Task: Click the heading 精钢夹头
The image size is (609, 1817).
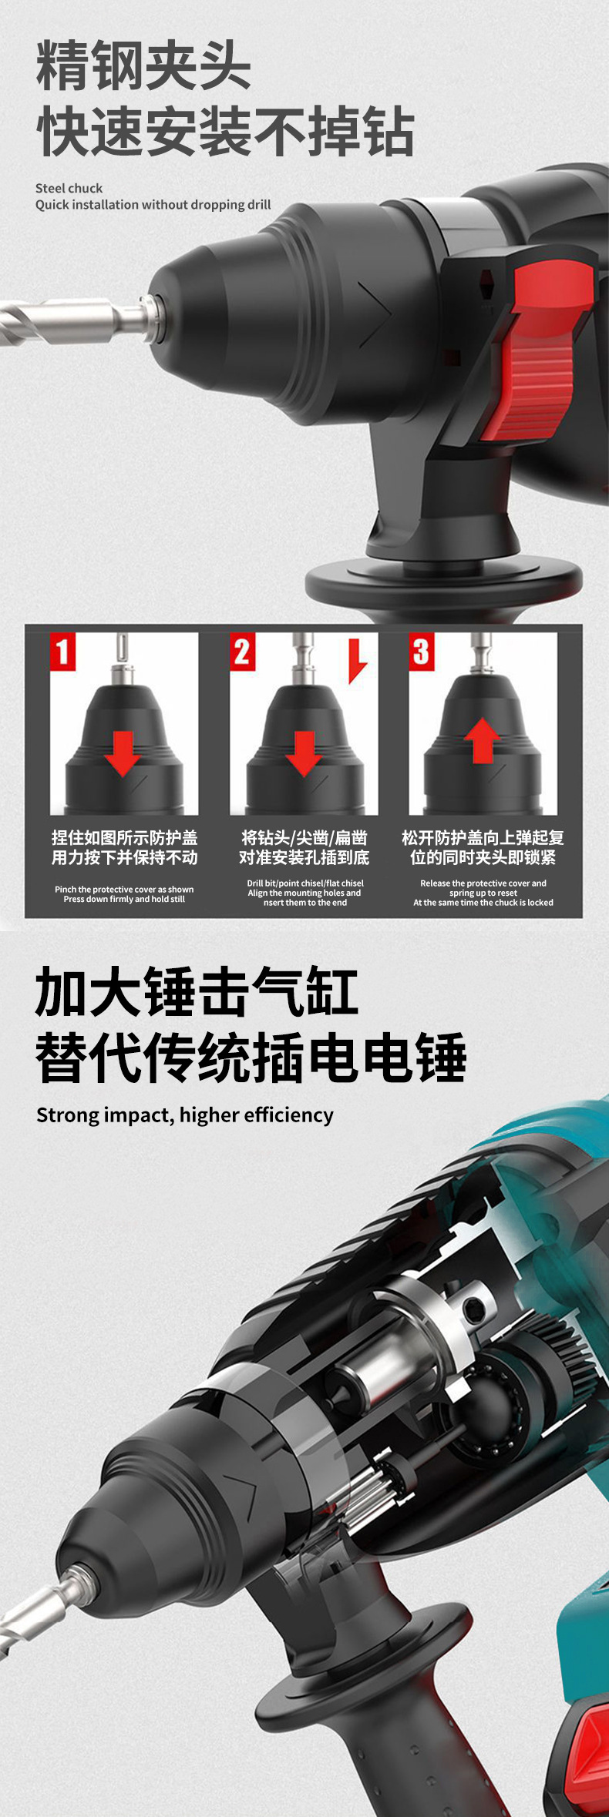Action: point(143,68)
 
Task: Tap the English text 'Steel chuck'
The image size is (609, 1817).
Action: point(69,188)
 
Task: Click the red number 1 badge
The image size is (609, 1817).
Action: point(62,652)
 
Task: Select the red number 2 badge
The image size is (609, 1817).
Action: point(242,652)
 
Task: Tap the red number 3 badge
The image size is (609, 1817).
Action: point(421,652)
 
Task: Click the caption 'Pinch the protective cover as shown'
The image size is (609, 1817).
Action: point(124,889)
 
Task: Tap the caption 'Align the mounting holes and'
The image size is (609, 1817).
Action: point(304,893)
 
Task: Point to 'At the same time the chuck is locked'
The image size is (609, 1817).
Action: point(483,903)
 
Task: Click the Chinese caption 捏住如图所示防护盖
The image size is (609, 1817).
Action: point(125,837)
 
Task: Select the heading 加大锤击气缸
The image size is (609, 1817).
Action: point(197,992)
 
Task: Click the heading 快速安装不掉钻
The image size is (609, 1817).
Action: point(224,132)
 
